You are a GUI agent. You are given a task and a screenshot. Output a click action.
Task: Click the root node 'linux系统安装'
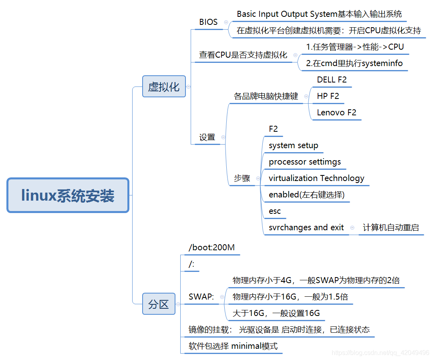pos(68,195)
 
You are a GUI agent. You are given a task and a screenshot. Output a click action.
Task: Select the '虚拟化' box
pos(164,86)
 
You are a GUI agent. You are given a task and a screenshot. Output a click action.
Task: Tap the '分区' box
pos(159,304)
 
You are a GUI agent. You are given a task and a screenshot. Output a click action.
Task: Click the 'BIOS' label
pos(208,22)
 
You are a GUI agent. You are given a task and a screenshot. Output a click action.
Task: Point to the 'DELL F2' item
pos(332,80)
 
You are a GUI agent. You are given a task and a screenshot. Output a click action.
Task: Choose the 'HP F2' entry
pos(328,96)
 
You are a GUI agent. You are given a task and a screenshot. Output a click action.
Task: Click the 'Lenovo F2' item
pos(336,113)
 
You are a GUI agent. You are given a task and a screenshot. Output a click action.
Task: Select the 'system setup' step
pos(293,145)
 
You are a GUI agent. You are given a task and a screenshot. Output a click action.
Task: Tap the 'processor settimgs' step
pos(304,162)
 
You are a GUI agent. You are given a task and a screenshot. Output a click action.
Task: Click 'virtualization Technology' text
pos(316,178)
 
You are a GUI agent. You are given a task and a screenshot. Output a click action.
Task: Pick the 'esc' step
pos(275,211)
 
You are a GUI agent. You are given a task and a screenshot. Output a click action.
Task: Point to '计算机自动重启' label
pos(391,227)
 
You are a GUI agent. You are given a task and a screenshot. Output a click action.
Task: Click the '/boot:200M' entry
pos(211,247)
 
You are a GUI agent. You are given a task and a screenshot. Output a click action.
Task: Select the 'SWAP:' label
pos(201,297)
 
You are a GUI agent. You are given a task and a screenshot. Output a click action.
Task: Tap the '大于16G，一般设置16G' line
pos(276,313)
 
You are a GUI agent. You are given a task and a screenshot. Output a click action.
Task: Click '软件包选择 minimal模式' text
pos(233,346)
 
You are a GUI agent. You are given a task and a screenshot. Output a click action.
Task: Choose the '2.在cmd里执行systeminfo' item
pos(354,63)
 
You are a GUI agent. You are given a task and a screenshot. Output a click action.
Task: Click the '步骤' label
pos(242,178)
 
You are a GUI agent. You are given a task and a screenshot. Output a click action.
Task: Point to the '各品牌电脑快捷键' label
pos(266,96)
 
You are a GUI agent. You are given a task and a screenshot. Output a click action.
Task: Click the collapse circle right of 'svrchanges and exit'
pos(352,227)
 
